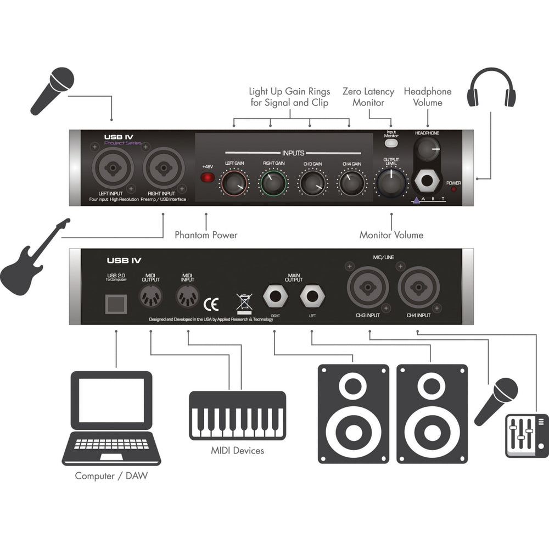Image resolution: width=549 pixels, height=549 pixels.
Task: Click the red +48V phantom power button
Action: (207, 177)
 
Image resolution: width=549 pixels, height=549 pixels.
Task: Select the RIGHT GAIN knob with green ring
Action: (273, 183)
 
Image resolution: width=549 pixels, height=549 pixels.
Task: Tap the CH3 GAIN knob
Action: (311, 183)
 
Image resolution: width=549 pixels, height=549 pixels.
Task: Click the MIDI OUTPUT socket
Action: (150, 297)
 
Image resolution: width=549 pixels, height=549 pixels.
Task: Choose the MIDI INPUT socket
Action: (188, 297)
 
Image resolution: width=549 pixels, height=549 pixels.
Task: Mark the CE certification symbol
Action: (211, 304)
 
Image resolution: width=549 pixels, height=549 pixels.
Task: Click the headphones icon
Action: (491, 88)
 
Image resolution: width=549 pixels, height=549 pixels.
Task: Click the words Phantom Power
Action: (206, 235)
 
